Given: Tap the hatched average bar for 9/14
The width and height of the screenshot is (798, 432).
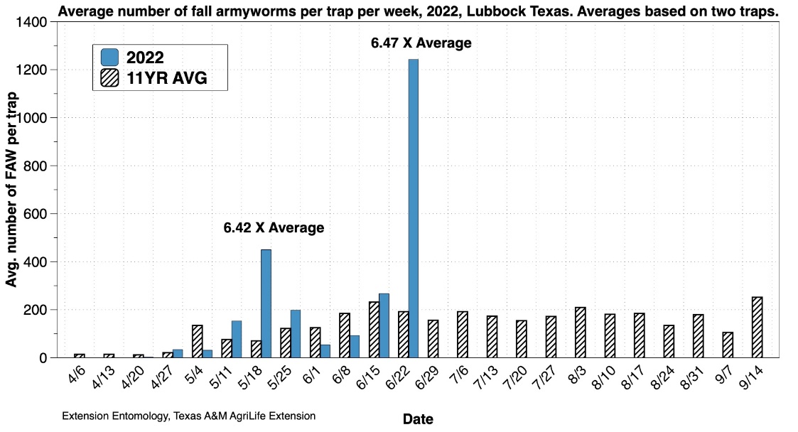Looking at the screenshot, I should click(x=757, y=328).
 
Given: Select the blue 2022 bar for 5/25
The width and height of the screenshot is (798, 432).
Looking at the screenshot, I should click(x=296, y=334).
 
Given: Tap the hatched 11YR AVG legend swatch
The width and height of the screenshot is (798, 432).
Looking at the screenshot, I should click(x=109, y=77).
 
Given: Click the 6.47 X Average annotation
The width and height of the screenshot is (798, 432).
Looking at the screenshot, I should click(x=421, y=43).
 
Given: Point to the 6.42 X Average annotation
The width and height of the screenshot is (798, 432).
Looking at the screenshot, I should click(x=274, y=228).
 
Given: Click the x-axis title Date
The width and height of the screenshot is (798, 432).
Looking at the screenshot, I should click(x=418, y=419).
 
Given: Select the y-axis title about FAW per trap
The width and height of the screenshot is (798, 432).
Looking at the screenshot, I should click(x=11, y=190).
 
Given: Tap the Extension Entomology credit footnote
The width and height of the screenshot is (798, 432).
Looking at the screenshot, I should click(x=189, y=416).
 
